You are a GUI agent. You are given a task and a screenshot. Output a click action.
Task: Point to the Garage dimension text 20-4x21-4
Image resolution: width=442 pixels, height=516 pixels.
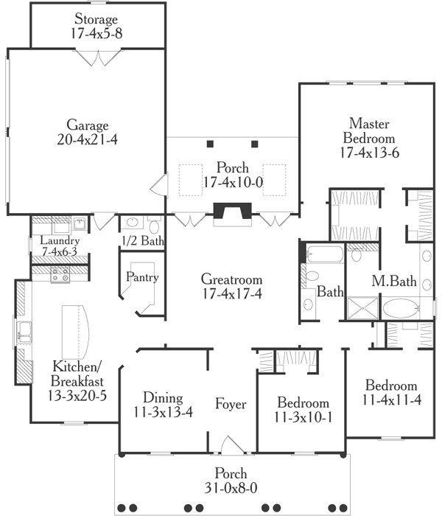pos(88,139)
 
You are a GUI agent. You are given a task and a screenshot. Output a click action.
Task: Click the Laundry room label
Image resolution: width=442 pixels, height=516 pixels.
pos(60,241)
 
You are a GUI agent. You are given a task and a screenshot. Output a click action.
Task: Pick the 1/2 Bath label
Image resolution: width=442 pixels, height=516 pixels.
pos(143,241)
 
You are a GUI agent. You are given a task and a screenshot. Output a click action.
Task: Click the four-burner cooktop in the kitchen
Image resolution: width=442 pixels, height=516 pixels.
pos(60,276)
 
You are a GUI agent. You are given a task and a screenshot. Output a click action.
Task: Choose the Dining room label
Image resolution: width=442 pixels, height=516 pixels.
pos(158,396)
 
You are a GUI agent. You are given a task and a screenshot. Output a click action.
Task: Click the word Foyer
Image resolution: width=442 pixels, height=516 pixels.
pos(231,404)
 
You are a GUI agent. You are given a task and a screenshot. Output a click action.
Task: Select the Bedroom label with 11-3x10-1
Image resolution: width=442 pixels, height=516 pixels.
pos(302,403)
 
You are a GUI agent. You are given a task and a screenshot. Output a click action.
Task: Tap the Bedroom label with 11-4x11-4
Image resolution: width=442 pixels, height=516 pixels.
pos(391,386)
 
